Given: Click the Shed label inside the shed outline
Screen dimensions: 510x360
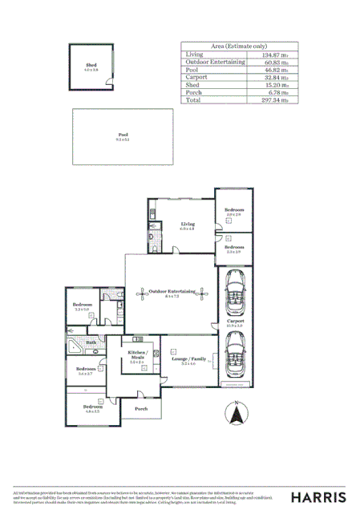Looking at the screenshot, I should tap(91, 66).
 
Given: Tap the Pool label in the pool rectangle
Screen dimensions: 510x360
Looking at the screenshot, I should tap(123, 135).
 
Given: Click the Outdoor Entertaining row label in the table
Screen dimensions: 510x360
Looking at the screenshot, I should tap(215, 62).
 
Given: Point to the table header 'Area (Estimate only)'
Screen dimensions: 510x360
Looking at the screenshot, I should tap(238, 46).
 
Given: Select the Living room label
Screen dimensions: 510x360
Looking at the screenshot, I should tap(188, 225).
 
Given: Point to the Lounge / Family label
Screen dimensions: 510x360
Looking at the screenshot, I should tap(188, 360).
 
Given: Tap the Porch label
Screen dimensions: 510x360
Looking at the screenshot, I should tap(141, 408).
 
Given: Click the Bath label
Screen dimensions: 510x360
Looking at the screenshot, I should tap(91, 342).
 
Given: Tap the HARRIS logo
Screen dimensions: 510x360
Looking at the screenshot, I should tap(318, 497).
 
